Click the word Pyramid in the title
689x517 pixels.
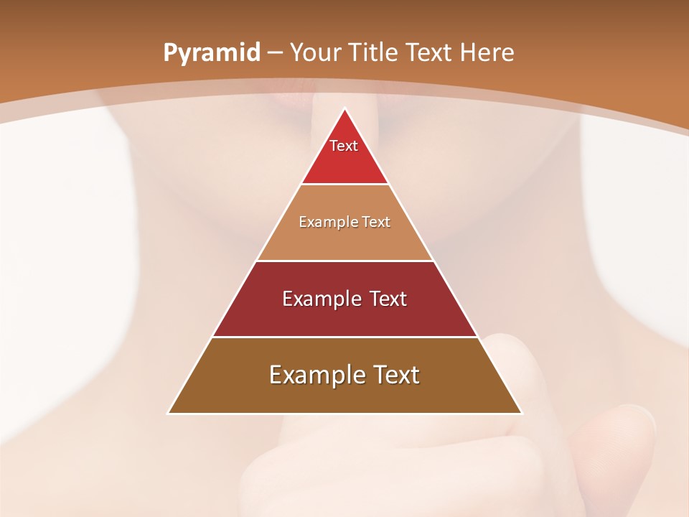tap(212, 52)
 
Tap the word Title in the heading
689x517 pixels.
tap(375, 52)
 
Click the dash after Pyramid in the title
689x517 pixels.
tap(275, 53)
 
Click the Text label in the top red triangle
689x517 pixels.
tap(344, 146)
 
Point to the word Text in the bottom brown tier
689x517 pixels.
tap(394, 375)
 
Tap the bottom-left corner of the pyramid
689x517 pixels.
tap(169, 413)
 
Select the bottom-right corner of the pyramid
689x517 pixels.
tap(522, 413)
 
